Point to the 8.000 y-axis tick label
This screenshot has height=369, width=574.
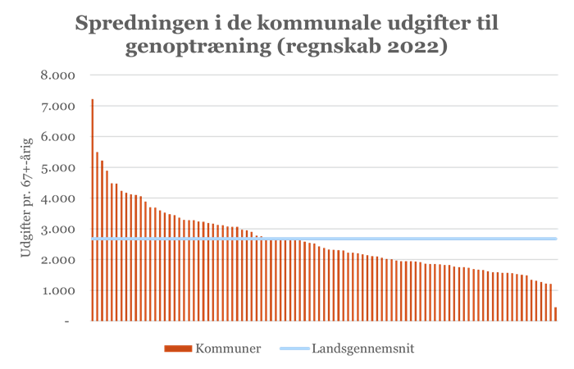coord(58,75)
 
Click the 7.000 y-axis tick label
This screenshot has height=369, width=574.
coord(58,106)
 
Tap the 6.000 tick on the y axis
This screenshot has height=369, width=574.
coord(58,137)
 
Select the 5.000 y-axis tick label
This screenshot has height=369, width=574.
coord(58,167)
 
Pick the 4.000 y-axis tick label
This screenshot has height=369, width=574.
coord(58,198)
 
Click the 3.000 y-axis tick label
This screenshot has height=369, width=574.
coord(58,229)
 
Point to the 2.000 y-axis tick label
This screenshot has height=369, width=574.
coord(58,260)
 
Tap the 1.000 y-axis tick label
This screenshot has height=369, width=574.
coord(58,290)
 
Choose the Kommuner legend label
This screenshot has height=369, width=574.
coord(228,348)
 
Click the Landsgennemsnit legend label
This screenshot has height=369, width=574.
coord(362,348)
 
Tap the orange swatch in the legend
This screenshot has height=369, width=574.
coord(177,348)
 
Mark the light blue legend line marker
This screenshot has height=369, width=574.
coord(293,348)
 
